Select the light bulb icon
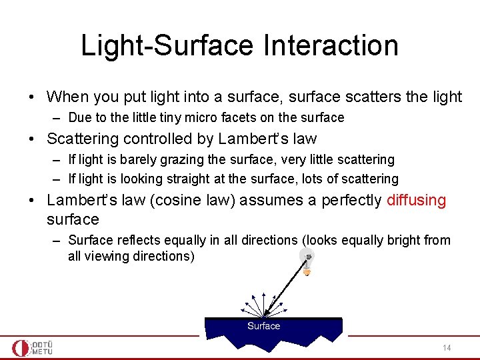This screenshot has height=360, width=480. point(307,261)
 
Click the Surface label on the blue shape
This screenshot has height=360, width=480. point(263,326)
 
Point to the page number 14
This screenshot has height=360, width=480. point(447,348)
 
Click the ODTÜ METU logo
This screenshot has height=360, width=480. point(33,347)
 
